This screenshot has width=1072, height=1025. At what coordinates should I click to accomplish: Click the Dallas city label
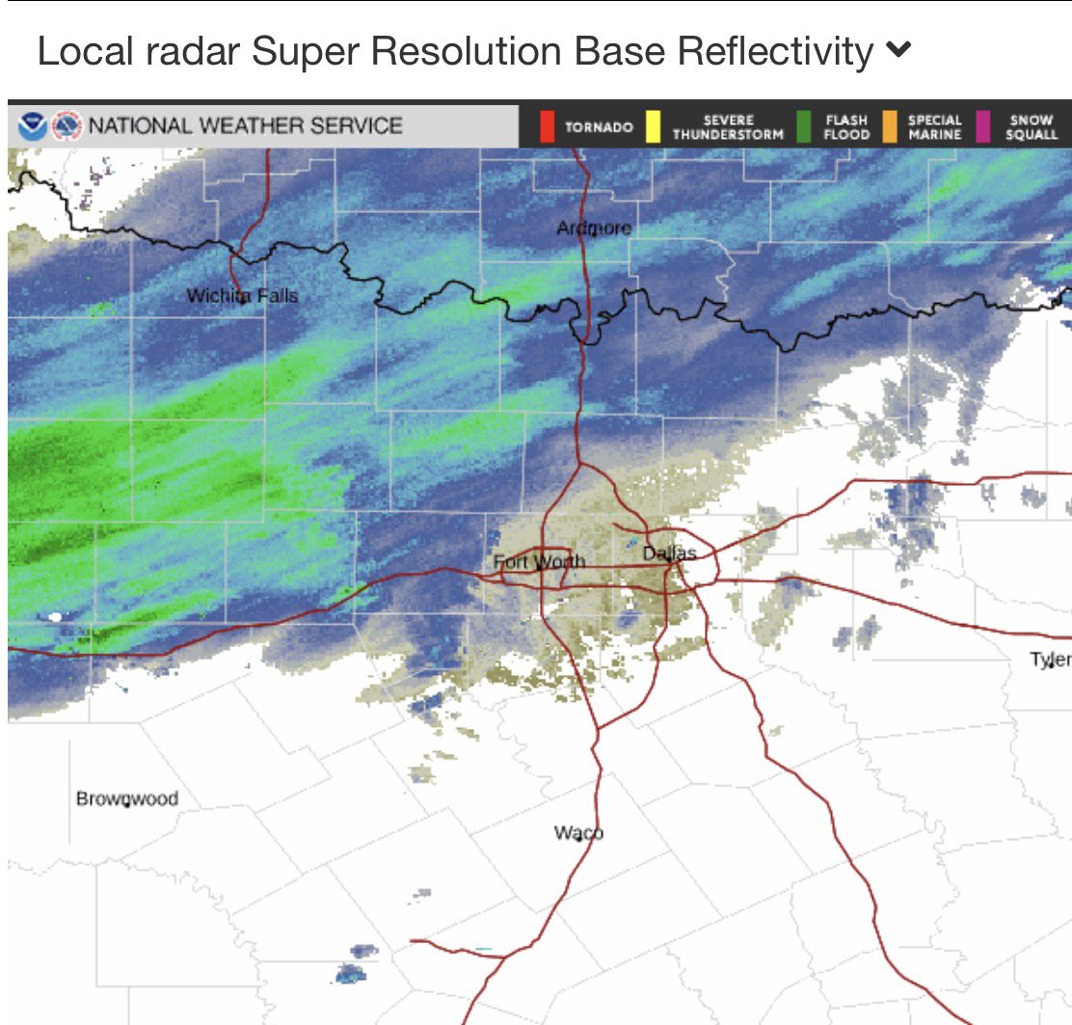669,553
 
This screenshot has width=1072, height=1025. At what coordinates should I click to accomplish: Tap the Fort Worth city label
539,561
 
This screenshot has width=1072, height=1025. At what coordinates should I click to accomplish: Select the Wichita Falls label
242,296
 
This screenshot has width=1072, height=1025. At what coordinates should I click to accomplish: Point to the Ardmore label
594,228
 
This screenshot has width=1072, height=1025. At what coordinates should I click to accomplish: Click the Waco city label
578,832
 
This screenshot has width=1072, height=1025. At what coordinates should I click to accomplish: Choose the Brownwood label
127,798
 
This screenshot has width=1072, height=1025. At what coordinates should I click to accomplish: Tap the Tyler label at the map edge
1051,660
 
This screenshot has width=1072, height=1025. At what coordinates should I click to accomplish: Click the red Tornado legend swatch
548,126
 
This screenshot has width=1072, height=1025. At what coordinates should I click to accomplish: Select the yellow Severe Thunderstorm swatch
653,126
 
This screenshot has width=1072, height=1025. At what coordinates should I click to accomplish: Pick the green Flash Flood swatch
803,126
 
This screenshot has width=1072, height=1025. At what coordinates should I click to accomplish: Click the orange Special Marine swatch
889,126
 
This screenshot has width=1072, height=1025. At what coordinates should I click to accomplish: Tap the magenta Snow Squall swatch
983,126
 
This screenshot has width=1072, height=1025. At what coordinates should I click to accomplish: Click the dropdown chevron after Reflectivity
898,50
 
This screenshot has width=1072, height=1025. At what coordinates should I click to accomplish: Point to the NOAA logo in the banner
32,125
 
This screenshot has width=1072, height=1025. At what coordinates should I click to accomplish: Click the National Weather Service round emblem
67,125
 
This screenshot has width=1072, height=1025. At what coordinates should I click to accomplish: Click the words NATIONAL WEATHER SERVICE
246,125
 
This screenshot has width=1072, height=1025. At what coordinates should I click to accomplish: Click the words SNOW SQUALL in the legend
1032,127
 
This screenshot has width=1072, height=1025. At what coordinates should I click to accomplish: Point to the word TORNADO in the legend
599,127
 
